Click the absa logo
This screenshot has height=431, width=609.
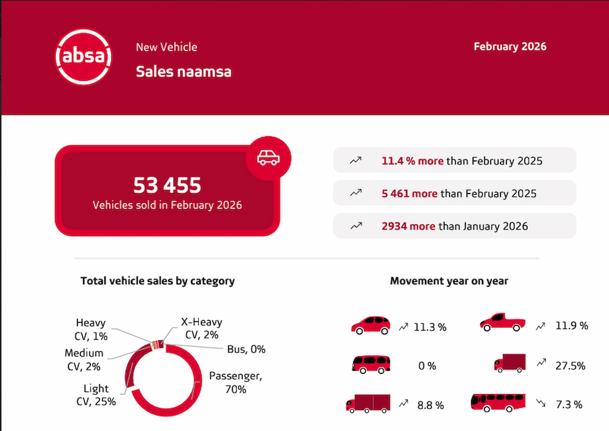[x=83, y=57]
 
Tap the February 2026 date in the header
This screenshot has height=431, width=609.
[x=510, y=47]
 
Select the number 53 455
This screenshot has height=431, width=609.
[x=167, y=185]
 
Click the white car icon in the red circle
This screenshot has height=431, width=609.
[x=268, y=158]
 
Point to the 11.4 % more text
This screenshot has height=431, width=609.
[x=412, y=161]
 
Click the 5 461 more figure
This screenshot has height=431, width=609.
[x=409, y=194]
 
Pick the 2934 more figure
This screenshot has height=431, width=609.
[x=408, y=226]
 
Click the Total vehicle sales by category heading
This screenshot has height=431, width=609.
[x=158, y=281]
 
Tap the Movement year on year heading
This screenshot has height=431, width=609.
[x=449, y=281]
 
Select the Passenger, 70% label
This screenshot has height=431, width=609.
[x=236, y=382]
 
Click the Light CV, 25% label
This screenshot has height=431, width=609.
[x=96, y=395]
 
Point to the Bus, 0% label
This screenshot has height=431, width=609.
[x=246, y=349]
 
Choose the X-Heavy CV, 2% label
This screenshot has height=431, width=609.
[x=202, y=328]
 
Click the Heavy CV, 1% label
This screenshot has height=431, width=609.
[x=91, y=329]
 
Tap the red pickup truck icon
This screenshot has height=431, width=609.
[x=502, y=323]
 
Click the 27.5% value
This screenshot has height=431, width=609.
[x=570, y=366]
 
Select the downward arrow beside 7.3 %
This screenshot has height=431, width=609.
[x=541, y=403]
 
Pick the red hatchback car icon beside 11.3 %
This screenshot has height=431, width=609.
[x=370, y=325]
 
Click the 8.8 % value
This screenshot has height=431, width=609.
[x=430, y=405]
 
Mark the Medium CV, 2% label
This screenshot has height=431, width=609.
[x=84, y=360]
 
